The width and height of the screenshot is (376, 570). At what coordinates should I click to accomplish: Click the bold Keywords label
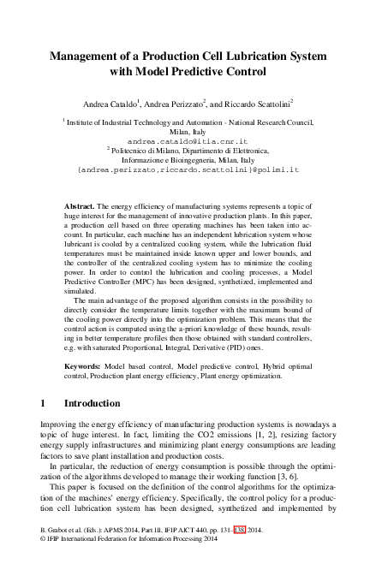point(86,365)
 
